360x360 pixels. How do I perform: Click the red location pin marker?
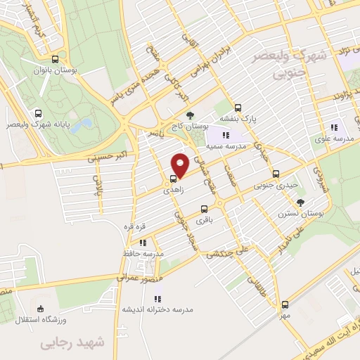coord(180,165)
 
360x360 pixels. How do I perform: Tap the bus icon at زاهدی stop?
coord(174,179)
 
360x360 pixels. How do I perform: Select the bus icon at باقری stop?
coord(205,209)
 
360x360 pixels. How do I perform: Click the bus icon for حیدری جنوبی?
coord(275,173)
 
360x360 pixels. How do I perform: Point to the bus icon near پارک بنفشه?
coord(238,108)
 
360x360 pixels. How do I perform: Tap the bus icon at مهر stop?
coord(285,304)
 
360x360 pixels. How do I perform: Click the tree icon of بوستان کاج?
coord(188,115)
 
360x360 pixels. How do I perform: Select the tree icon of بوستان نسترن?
coord(301,202)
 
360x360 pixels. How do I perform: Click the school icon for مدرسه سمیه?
coord(225,135)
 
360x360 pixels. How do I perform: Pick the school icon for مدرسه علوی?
coord(333,127)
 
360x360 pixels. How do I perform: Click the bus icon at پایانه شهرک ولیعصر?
coord(37,112)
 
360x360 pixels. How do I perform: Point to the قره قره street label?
coord(134,227)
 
